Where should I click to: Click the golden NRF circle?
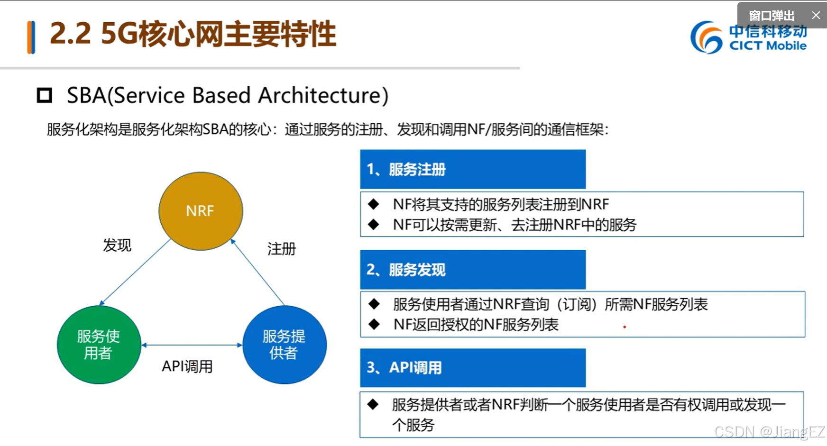tap(201, 211)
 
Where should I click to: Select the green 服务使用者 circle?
tap(99, 345)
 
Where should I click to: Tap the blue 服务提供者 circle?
tap(284, 345)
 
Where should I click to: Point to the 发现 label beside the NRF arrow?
tap(117, 245)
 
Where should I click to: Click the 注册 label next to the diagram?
tap(281, 248)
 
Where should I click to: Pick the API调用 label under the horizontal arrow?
tap(187, 366)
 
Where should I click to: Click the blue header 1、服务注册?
tap(472, 169)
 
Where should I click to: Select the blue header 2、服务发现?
tap(472, 270)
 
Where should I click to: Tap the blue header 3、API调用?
tap(472, 368)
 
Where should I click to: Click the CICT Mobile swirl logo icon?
tap(706, 37)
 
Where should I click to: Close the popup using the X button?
tap(816, 15)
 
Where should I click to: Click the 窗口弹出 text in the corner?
tap(772, 16)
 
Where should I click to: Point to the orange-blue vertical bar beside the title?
tap(31, 37)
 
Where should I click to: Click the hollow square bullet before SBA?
tap(45, 96)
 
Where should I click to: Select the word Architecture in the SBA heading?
tap(323, 95)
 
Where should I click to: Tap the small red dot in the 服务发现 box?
tap(625, 327)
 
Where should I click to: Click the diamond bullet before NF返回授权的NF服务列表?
tap(374, 324)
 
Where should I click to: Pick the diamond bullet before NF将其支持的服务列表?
tap(374, 204)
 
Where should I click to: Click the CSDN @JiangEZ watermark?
tap(769, 432)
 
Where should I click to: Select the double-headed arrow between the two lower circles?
tap(192, 345)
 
